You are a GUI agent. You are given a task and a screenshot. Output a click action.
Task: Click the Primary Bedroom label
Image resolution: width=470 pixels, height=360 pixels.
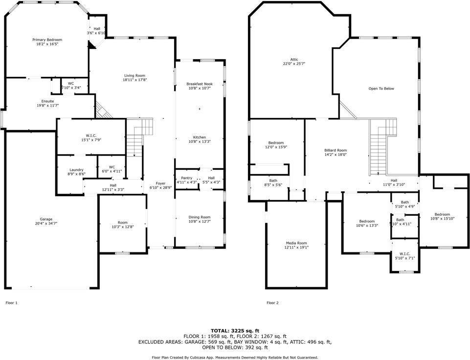tap(47, 40)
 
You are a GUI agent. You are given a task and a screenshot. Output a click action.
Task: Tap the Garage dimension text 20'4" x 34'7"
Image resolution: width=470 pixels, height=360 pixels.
tap(46, 224)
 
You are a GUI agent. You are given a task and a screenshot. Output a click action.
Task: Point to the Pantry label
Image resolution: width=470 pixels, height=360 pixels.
tap(186, 178)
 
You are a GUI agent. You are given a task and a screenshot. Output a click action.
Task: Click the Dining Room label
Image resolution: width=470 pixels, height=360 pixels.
tap(200, 217)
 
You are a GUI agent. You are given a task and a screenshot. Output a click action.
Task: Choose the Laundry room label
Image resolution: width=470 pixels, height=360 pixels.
tap(76, 170)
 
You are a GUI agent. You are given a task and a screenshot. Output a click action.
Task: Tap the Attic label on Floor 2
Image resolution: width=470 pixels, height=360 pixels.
tap(294, 59)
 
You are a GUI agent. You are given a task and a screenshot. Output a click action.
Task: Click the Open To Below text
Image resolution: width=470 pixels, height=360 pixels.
tap(381, 89)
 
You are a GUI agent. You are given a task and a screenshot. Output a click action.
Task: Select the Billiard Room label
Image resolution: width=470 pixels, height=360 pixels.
tap(336, 150)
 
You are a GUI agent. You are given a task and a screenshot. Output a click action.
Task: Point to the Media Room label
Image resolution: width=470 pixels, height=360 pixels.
tap(296, 243)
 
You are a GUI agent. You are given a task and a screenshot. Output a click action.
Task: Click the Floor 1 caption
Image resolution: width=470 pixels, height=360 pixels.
tap(11, 303)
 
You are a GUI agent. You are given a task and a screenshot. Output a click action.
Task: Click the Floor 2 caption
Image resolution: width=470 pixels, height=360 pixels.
tap(272, 303)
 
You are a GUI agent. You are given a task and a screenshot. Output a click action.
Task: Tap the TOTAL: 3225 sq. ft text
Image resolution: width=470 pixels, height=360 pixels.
tap(235, 331)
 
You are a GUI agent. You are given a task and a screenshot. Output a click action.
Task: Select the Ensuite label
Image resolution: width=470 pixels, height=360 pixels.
tap(47, 101)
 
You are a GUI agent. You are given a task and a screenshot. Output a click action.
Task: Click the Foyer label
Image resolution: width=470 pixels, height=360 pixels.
tap(161, 183)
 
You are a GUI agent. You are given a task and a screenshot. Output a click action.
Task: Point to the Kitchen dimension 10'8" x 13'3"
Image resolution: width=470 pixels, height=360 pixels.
tap(200, 142)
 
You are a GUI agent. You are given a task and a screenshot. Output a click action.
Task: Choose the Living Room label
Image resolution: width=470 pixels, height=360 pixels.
tap(134, 75)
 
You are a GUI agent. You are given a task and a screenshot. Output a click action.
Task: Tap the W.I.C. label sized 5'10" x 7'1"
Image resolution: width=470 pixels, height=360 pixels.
tap(404, 253)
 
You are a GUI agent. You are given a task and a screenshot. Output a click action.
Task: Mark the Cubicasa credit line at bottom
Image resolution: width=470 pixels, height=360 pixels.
tap(235, 358)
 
